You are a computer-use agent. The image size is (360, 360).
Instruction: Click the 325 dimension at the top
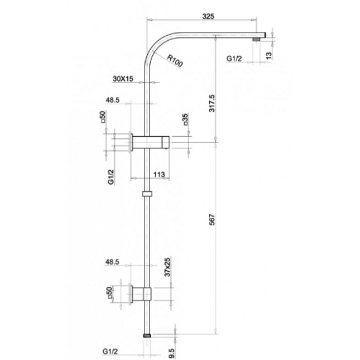[208, 16]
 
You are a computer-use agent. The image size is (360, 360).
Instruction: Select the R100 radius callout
[175, 61]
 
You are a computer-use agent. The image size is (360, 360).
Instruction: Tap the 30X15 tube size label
[123, 79]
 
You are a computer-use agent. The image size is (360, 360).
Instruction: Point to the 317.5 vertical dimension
[212, 103]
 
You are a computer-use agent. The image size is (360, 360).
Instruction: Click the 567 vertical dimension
[212, 219]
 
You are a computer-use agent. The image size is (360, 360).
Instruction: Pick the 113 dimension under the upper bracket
[159, 175]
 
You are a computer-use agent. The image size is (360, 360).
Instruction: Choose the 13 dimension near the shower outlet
[268, 55]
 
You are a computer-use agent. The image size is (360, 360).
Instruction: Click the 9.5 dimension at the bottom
[172, 353]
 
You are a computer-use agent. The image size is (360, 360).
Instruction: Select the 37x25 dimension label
[168, 267]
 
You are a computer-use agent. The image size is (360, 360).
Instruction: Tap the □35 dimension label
[185, 119]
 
